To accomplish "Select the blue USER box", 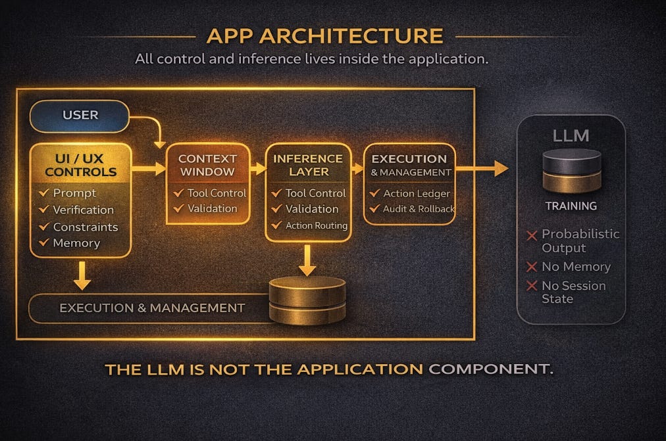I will click(x=80, y=116).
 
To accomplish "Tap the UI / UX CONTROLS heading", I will click(x=80, y=165).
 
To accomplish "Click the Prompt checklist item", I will click(x=74, y=193).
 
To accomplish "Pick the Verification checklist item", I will click(x=83, y=210).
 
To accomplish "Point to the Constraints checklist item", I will click(x=85, y=227).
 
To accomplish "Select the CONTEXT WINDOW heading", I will click(x=207, y=165).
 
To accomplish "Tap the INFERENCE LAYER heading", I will click(x=308, y=165).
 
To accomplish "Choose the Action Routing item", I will click(x=316, y=225).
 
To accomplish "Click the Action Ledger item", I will click(x=417, y=193).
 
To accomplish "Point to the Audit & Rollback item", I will click(x=419, y=209).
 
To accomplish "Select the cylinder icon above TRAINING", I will click(x=571, y=170).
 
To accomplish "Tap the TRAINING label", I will click(x=571, y=206).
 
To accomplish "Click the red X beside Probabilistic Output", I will click(x=531, y=235).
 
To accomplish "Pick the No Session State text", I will click(x=573, y=292).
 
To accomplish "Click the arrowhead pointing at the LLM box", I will click(x=501, y=169).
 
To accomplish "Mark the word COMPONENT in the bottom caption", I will click(x=490, y=369).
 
